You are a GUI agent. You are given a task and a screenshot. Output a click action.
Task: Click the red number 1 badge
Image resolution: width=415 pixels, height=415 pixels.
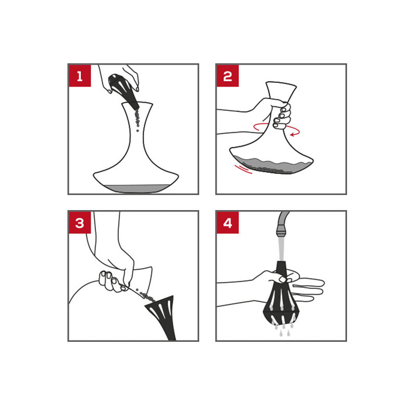click(80, 76)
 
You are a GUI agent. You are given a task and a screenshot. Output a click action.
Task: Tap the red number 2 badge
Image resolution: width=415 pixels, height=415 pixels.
click(228, 76)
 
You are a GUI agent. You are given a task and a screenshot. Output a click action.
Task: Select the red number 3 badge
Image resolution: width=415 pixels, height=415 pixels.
click(80, 223)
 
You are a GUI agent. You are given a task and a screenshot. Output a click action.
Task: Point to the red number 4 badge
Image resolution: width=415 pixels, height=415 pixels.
click(228, 223)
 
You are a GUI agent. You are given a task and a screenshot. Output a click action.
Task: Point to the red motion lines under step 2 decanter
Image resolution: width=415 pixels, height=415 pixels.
click(243, 169)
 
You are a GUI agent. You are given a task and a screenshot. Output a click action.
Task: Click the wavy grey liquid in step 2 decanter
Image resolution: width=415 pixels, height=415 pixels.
click(273, 165)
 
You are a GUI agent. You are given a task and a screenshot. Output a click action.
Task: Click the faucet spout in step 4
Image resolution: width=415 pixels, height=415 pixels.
click(282, 225)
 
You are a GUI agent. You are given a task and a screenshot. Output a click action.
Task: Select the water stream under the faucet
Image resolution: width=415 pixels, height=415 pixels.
click(282, 249)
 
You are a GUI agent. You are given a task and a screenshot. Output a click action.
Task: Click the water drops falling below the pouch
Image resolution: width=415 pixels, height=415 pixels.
click(283, 329)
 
